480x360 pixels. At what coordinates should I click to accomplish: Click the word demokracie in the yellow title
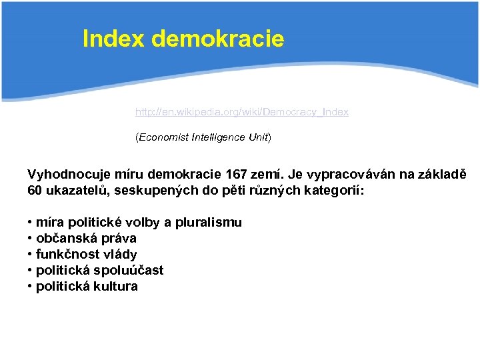tap(218, 39)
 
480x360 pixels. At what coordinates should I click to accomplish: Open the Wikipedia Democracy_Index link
tap(241, 112)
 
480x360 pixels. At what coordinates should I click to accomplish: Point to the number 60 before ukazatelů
tap(35, 191)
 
